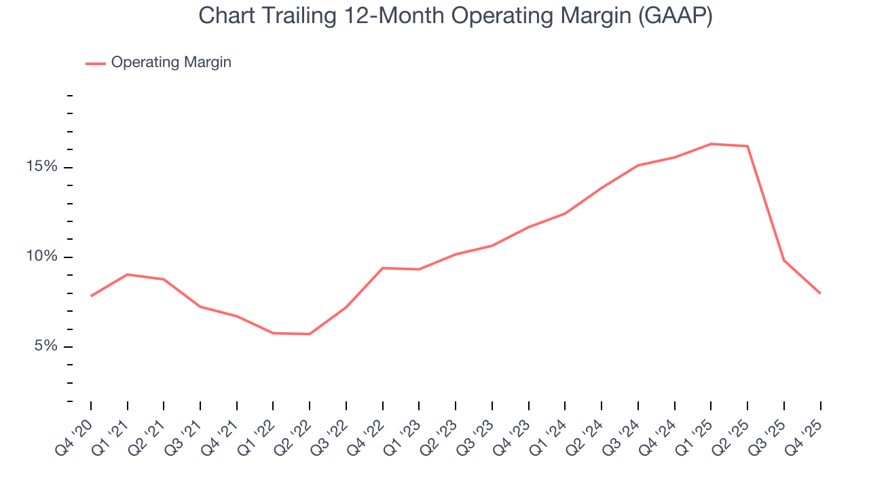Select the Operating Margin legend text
click(171, 62)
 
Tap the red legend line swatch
click(96, 63)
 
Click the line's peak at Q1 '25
click(711, 143)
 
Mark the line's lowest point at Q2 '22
click(310, 333)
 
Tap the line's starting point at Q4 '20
click(91, 295)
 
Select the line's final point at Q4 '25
click(820, 293)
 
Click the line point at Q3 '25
click(784, 260)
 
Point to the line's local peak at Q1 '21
click(128, 274)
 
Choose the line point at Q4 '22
click(383, 268)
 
